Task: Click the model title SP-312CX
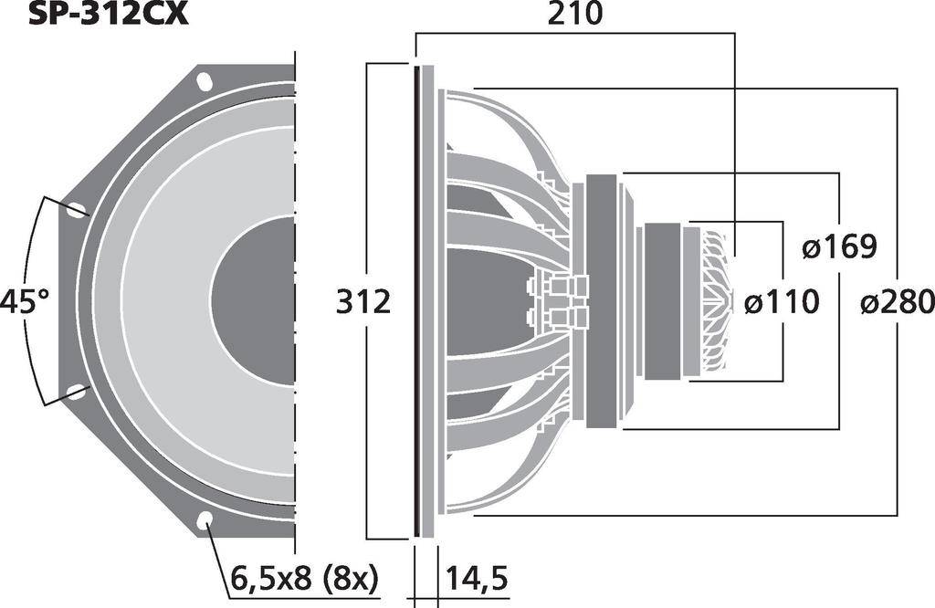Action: pyautogui.click(x=108, y=13)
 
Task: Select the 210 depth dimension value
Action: pyautogui.click(x=574, y=14)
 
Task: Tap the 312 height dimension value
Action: pyautogui.click(x=363, y=300)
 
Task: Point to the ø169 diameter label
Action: pyautogui.click(x=839, y=246)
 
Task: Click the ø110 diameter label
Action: pyautogui.click(x=781, y=301)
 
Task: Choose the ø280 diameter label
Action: pyautogui.click(x=897, y=301)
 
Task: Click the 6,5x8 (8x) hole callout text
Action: pyautogui.click(x=304, y=578)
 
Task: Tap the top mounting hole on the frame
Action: pyautogui.click(x=205, y=81)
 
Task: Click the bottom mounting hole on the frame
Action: pyautogui.click(x=205, y=520)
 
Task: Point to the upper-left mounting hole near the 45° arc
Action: pyautogui.click(x=76, y=210)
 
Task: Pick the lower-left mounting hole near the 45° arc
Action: pyautogui.click(x=76, y=393)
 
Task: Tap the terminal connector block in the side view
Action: pyautogui.click(x=558, y=300)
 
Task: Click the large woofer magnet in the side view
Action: pyautogui.click(x=603, y=300)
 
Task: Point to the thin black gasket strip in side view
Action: pyautogui.click(x=417, y=300)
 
